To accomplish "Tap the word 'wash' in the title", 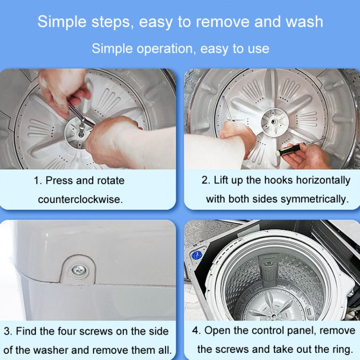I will [x=304, y=22].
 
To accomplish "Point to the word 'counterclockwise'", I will [x=80, y=199].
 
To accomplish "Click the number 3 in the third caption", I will [x=8, y=331].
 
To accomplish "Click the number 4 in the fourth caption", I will [x=196, y=331].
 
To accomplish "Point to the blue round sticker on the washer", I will [x=196, y=254].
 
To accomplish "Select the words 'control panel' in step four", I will [x=278, y=331].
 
